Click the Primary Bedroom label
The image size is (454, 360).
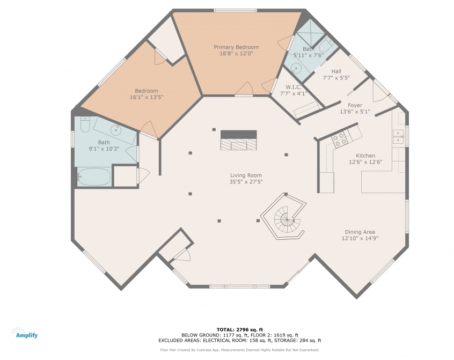click(236, 47)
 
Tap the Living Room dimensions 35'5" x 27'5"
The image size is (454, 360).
click(246, 182)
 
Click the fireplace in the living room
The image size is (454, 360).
click(239, 141)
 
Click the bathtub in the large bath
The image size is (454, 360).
click(94, 177)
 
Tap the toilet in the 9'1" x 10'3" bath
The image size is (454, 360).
click(85, 124)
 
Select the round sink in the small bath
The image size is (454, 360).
click(296, 69)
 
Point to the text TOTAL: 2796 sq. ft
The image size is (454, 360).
click(240, 329)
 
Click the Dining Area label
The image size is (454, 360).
click(360, 232)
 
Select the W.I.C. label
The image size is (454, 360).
click(294, 87)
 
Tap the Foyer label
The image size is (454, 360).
click(355, 105)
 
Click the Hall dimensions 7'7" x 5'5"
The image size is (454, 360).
click(336, 78)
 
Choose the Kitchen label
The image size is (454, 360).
click(365, 156)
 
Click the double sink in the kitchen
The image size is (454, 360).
click(398, 136)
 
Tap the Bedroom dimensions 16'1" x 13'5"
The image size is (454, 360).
click(147, 97)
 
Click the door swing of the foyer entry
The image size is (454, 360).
click(379, 93)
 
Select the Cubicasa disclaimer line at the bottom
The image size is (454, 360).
click(240, 350)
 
